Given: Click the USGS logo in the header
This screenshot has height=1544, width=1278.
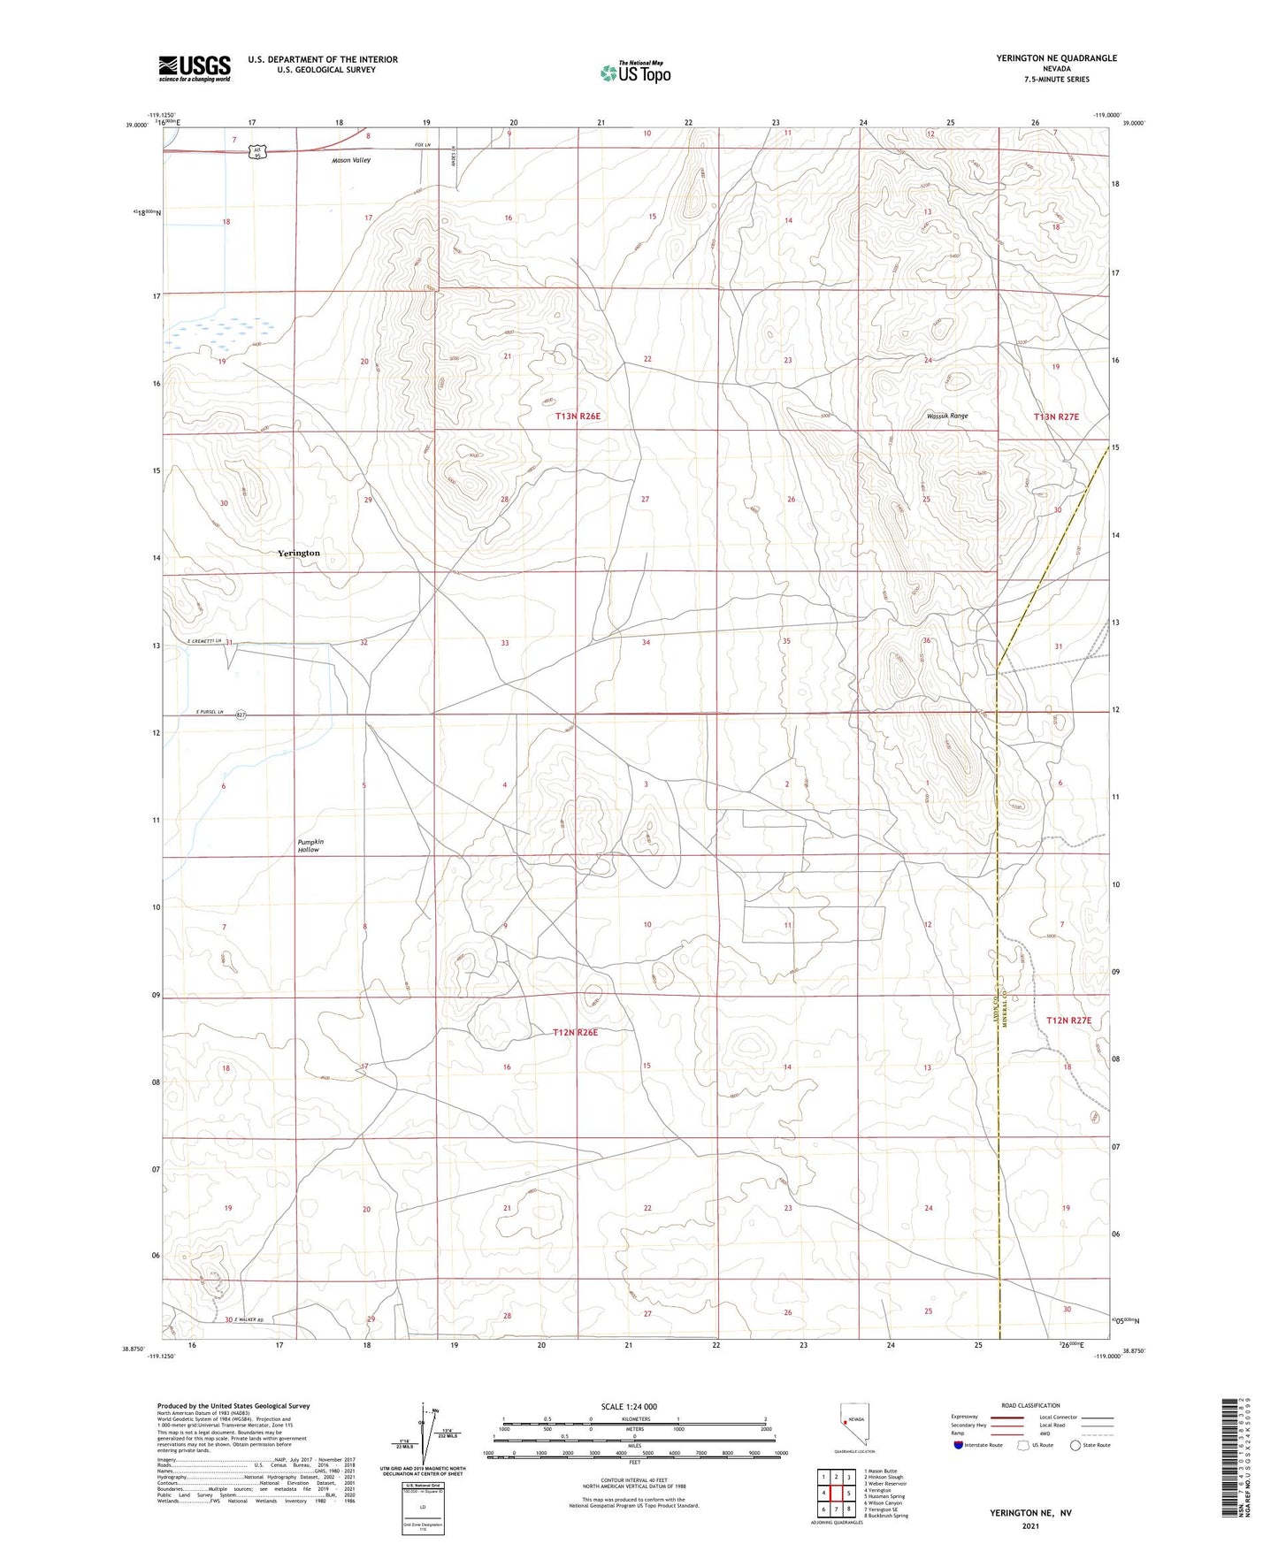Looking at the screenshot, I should pyautogui.click(x=195, y=68).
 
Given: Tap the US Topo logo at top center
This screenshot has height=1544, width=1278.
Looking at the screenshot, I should pyautogui.click(x=635, y=73).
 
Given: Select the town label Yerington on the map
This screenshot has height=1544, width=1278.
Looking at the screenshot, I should pyautogui.click(x=299, y=553).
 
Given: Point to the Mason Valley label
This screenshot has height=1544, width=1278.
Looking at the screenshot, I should pyautogui.click(x=351, y=161).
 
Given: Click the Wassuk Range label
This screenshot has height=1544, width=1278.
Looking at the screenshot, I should pyautogui.click(x=947, y=416).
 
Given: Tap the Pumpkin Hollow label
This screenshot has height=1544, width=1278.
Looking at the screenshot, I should pyautogui.click(x=310, y=845).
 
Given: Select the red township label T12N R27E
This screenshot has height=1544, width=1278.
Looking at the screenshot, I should pyautogui.click(x=1068, y=1020).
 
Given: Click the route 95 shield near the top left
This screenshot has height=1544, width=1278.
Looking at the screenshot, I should pyautogui.click(x=256, y=153).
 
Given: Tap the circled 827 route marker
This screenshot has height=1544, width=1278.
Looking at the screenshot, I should pyautogui.click(x=241, y=715).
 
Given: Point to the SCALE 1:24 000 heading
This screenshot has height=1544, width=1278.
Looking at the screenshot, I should pyautogui.click(x=629, y=1407).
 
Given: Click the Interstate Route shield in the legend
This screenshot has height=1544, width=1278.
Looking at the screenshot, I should pyautogui.click(x=959, y=1445).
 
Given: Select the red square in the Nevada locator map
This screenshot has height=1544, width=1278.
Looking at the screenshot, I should pyautogui.click(x=845, y=1423).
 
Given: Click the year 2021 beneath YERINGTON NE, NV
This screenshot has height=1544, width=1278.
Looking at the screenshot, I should pyautogui.click(x=1030, y=1525).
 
